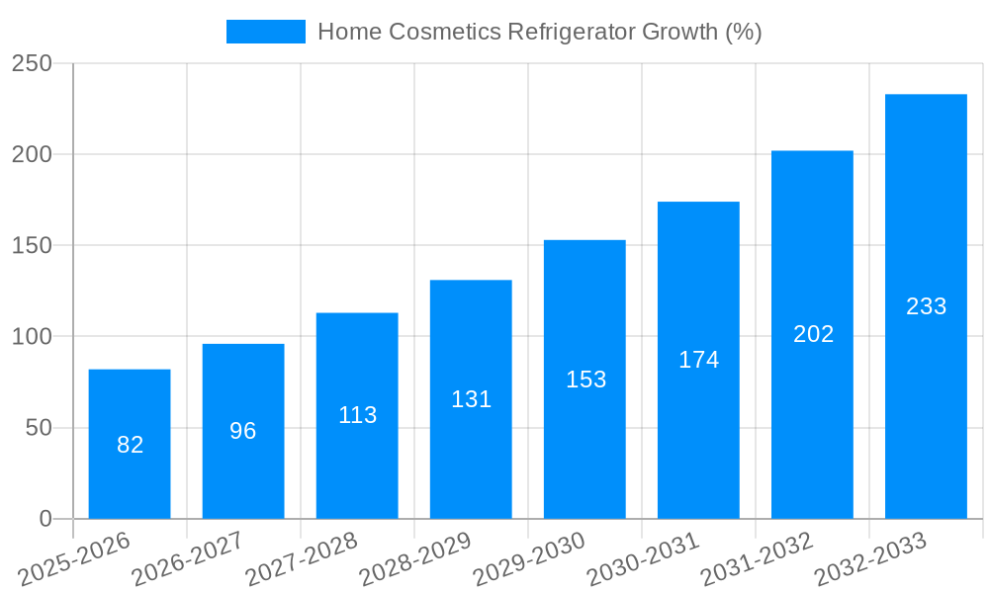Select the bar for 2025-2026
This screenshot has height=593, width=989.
coord(130,444)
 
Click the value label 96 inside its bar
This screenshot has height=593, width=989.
coord(243,431)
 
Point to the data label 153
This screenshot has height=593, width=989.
coord(585,380)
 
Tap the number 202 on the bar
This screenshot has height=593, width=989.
coord(813,334)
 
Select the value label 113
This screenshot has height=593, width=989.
coord(357,415)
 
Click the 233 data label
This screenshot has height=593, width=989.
coord(926,306)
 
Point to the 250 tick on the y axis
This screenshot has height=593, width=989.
coord(33,63)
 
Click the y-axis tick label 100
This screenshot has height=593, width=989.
coord(33,337)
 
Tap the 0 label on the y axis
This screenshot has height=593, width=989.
coord(45,519)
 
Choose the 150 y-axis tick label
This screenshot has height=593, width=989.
coord(33,245)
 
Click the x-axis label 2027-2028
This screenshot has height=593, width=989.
coord(301,559)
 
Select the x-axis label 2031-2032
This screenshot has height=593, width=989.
coord(756,559)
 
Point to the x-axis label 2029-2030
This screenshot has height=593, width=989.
coord(528,559)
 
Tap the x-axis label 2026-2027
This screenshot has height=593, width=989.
coord(187,559)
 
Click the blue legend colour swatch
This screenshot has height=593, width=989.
coord(265,32)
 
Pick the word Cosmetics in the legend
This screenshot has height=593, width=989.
coord(443,32)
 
